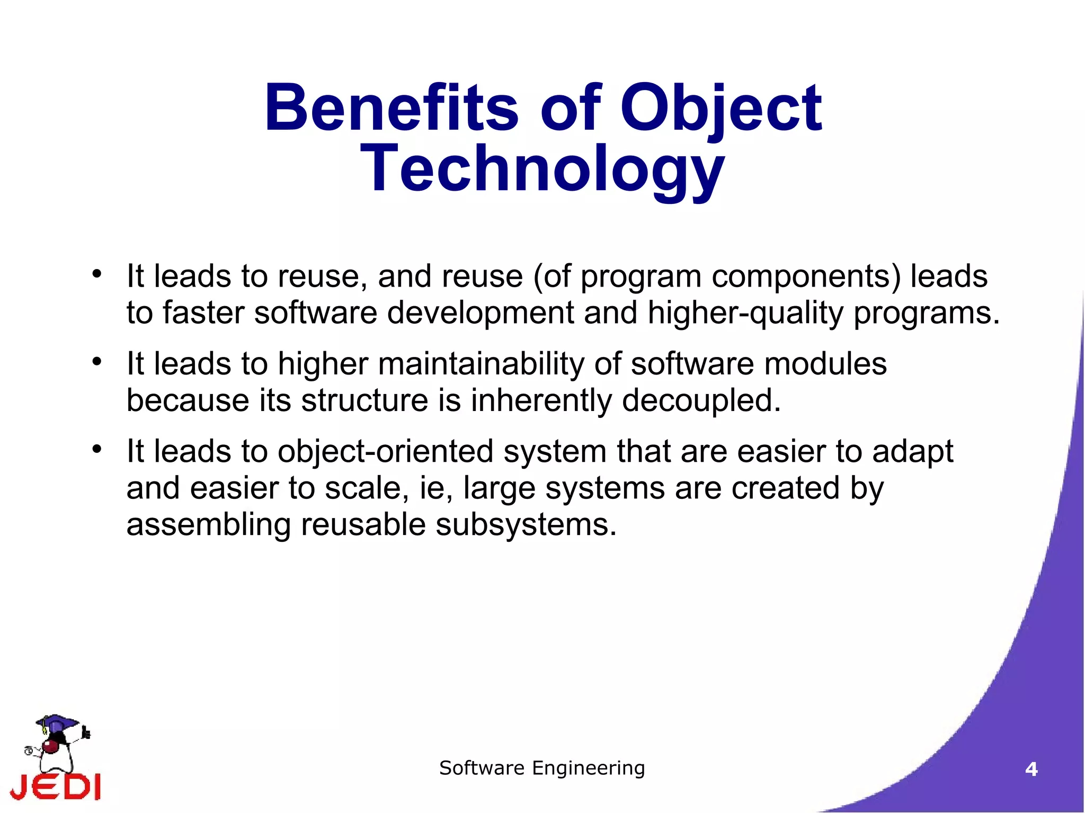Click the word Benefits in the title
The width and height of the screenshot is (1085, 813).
tap(391, 108)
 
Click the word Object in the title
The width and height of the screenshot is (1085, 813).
tap(721, 108)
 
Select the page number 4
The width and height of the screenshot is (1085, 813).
tap(1031, 769)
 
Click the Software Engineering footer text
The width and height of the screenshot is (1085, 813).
tap(542, 768)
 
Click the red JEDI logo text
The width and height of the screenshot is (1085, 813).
tap(56, 787)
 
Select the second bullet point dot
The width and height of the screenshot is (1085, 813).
tap(96, 362)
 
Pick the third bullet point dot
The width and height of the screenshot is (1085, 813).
tap(96, 449)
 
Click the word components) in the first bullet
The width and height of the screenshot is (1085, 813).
tap(806, 276)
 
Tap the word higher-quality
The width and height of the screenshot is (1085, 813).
tap(745, 312)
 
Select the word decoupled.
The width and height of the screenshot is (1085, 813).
tap(701, 400)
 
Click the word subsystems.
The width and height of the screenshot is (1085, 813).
tap(526, 524)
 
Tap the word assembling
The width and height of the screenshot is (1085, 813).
tap(209, 524)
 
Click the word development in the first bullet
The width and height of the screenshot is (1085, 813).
tap(481, 312)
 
